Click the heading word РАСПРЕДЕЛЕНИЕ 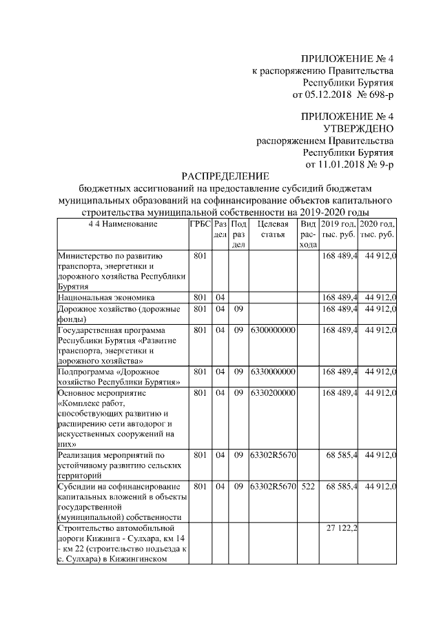(x=225, y=177)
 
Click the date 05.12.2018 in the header (x=327, y=94)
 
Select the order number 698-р (x=377, y=94)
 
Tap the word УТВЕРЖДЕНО (x=358, y=128)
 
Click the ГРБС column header (x=200, y=224)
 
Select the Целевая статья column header (x=273, y=229)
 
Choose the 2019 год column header (x=338, y=229)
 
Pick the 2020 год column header (x=377, y=229)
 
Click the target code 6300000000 (x=273, y=330)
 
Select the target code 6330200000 (x=273, y=392)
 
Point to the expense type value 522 (x=308, y=486)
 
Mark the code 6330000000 (x=273, y=372)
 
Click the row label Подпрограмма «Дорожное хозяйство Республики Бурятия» (x=119, y=376)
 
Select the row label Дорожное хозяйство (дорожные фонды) (x=119, y=314)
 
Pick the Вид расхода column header (x=308, y=234)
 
